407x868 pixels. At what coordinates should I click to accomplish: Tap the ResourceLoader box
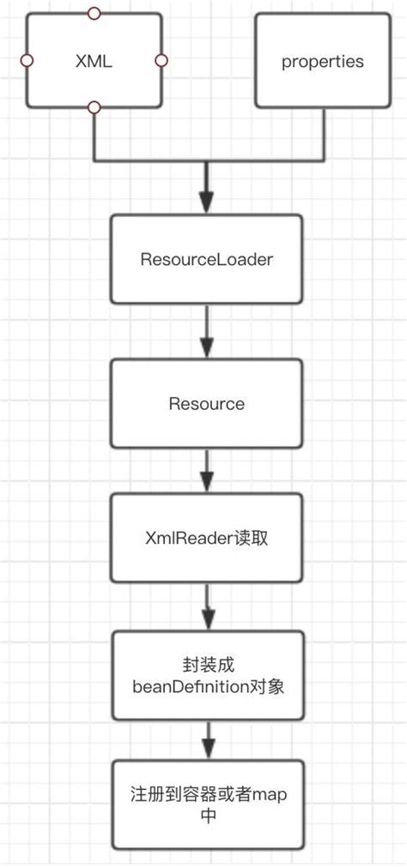[x=206, y=259]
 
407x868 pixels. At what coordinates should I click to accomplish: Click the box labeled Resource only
[x=206, y=403]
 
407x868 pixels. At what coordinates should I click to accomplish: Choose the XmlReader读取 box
[x=206, y=537]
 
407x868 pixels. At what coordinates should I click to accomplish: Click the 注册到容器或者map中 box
[x=206, y=803]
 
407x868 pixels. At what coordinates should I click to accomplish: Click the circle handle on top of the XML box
[x=94, y=14]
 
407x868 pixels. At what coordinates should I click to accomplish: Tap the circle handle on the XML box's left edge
[x=27, y=61]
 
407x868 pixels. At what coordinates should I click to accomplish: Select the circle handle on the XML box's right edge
[x=161, y=61]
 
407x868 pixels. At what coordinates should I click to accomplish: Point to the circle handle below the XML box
[x=94, y=107]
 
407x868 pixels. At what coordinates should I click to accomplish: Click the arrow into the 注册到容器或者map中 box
[x=206, y=741]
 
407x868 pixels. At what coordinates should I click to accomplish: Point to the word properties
[x=323, y=62]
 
